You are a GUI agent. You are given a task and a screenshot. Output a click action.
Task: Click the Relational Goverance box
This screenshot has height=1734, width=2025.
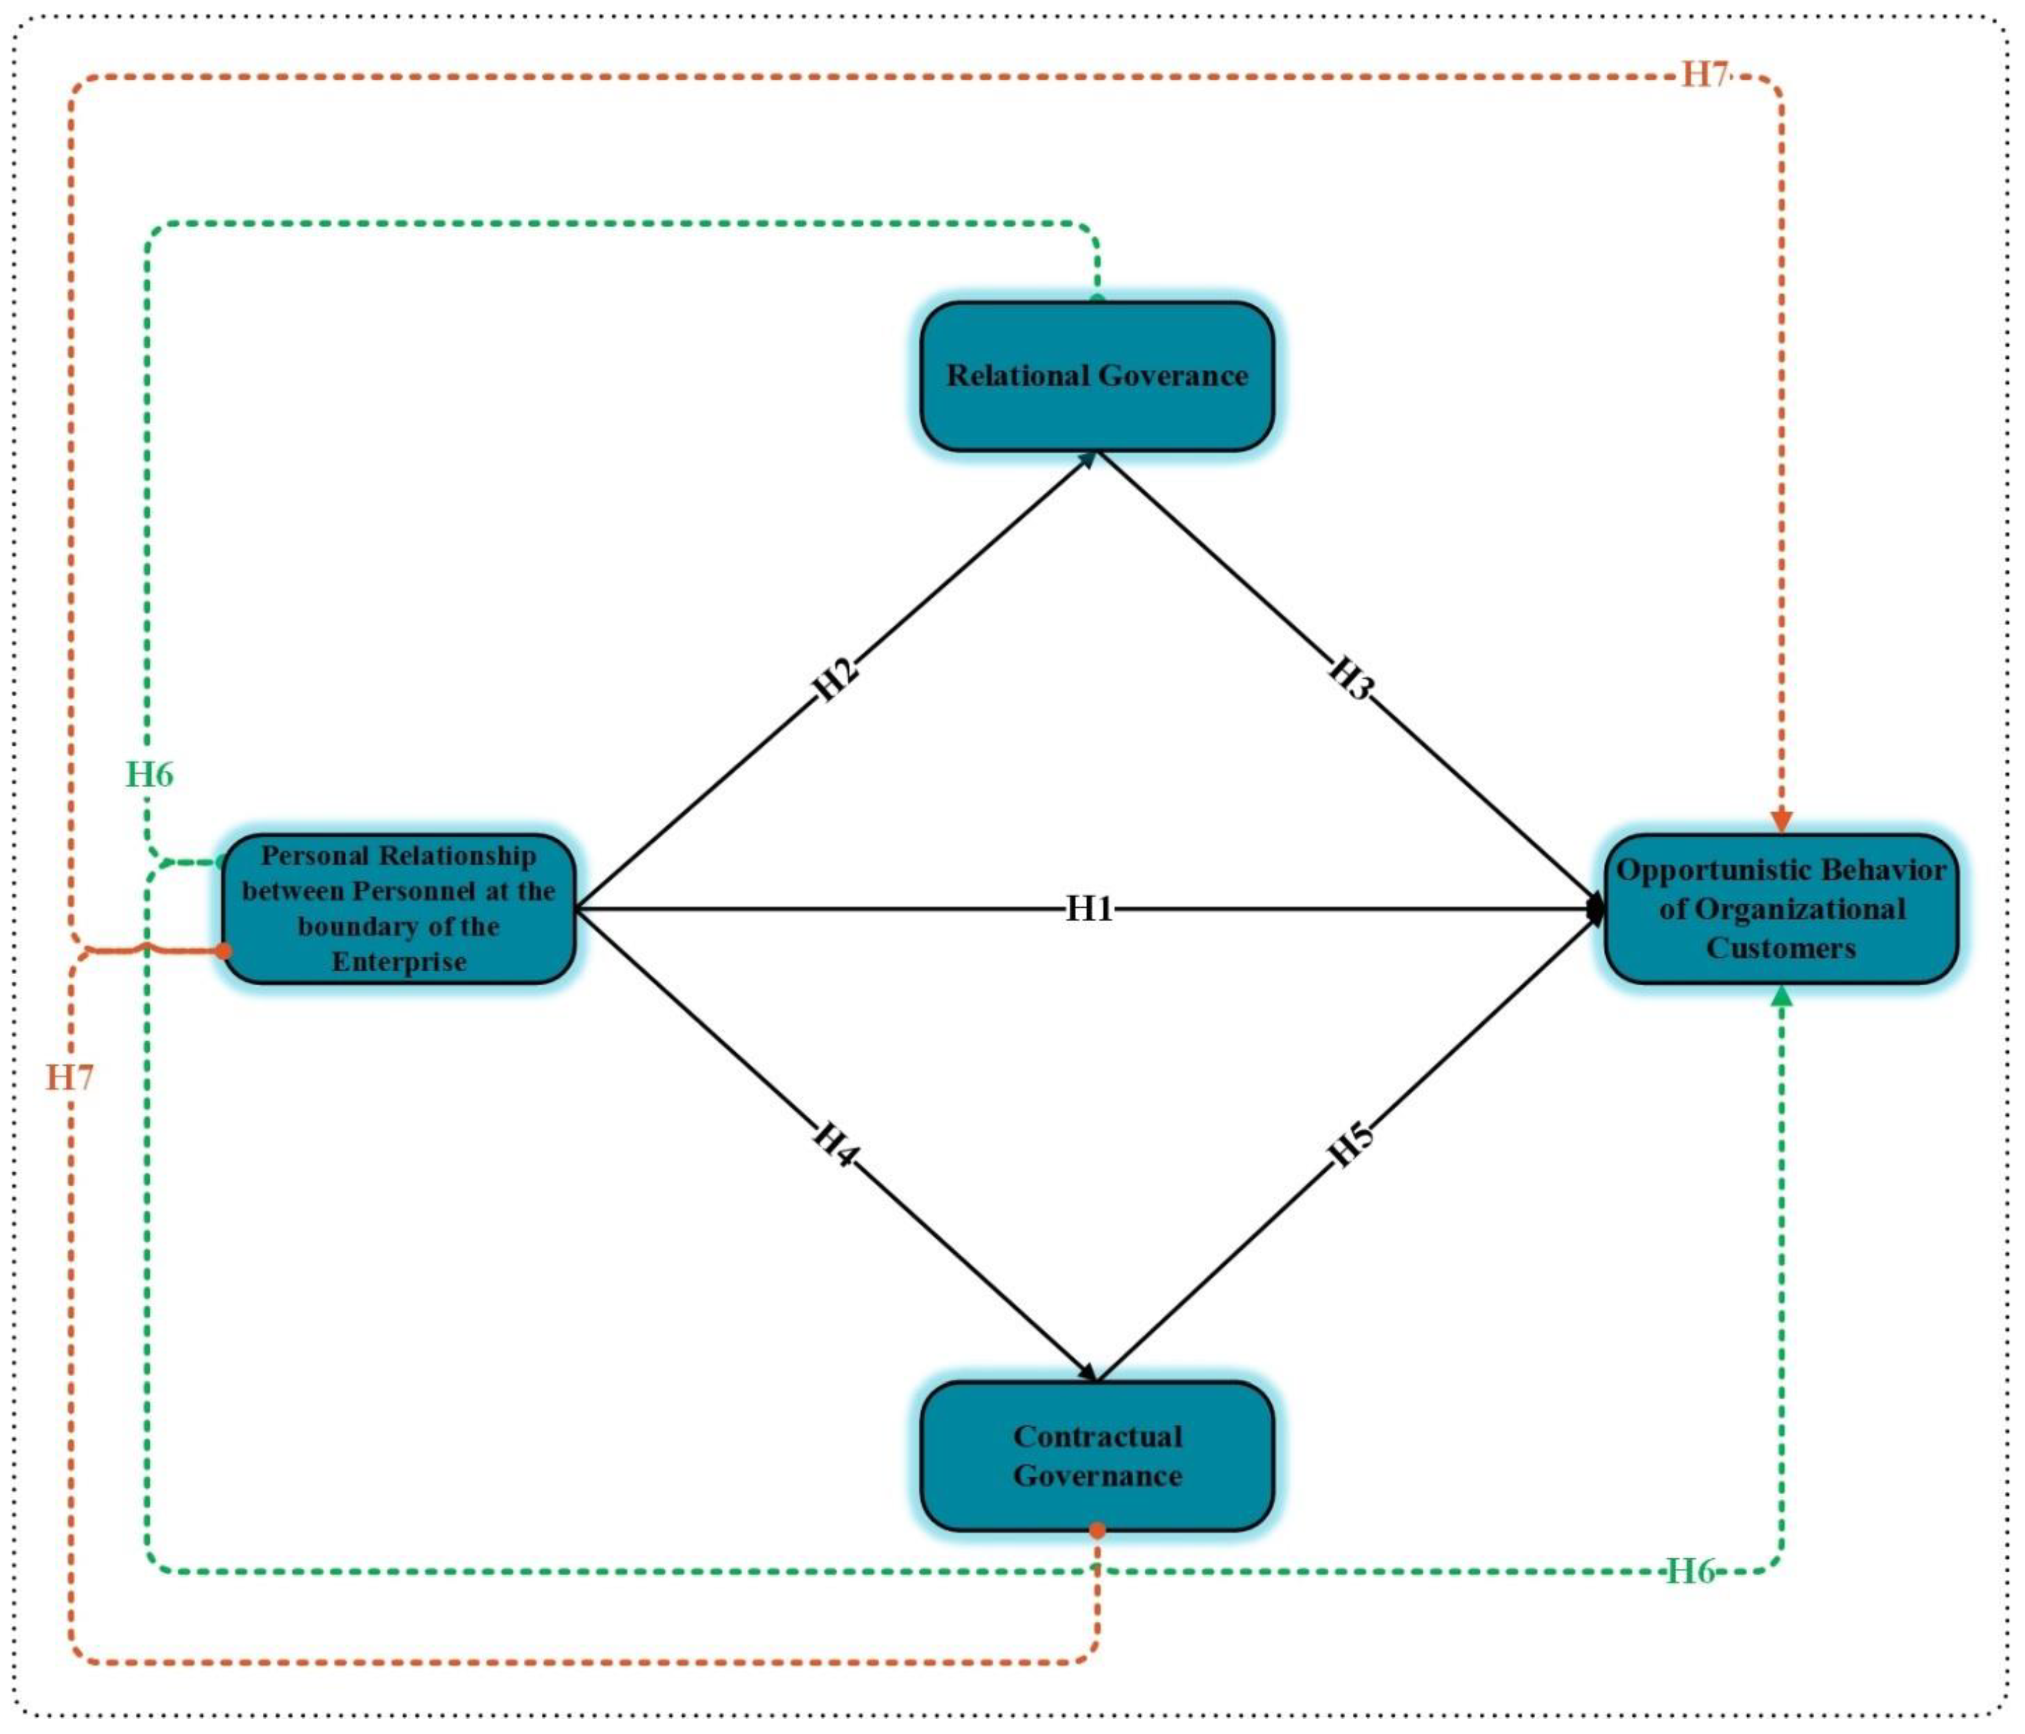(1097, 376)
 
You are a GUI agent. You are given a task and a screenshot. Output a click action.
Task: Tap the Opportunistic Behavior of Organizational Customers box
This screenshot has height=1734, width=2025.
(1781, 908)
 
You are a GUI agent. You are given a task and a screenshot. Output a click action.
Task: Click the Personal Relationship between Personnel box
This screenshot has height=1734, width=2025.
(399, 908)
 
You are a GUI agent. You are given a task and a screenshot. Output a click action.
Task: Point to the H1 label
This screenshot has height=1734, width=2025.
(1089, 909)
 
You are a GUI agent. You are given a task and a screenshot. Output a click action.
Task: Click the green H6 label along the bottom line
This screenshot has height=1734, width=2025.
(1690, 1570)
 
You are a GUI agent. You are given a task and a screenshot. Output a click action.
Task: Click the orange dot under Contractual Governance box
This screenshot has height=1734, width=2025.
(1097, 1529)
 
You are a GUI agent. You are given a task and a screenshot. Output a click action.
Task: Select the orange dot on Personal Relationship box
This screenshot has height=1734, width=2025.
(224, 950)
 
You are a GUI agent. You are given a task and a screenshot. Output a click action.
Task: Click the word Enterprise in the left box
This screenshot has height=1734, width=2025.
(399, 962)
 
